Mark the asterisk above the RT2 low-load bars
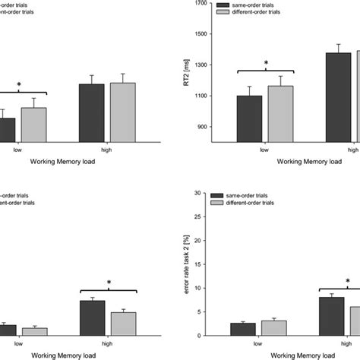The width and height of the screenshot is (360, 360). [x=265, y=64]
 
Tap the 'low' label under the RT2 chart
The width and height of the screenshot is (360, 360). [x=264, y=150]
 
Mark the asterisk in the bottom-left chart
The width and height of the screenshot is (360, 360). [x=109, y=283]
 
